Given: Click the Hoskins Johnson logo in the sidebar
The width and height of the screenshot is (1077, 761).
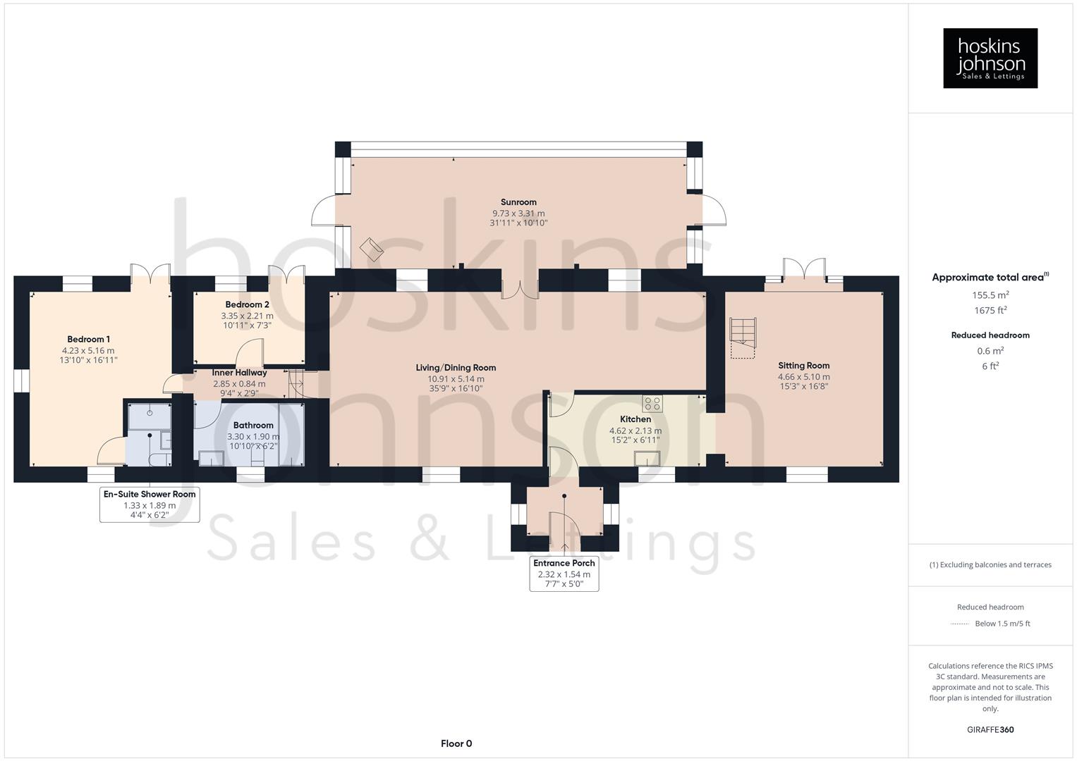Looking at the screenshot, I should coord(990,58).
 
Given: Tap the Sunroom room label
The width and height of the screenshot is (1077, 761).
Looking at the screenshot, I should coord(518,202).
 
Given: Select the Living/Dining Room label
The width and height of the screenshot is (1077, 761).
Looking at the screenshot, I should coord(456,367).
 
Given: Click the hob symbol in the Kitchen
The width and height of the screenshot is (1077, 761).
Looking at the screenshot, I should coord(652,404).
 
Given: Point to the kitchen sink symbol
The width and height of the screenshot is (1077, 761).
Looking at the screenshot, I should coord(647,459).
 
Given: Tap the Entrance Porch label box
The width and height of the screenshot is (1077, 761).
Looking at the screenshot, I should coord(564,573).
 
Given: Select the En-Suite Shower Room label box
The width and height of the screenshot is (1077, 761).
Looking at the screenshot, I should coord(150,505).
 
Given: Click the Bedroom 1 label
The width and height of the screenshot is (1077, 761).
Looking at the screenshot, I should coord(88,339).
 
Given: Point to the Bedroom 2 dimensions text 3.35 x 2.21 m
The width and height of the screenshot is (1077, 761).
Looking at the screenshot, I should coord(247,316).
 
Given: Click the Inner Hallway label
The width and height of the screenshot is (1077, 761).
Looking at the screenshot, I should coord(239,373).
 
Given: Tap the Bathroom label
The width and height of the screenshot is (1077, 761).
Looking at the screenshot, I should coord(253,425).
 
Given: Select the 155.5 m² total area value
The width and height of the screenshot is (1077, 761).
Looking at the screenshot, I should coord(990,295).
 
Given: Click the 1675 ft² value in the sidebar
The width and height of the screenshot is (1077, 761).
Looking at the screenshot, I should coord(990,310).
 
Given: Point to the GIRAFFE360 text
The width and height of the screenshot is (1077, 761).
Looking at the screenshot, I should coord(990,729).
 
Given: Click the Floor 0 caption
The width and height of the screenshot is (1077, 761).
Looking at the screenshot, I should coord(456,743).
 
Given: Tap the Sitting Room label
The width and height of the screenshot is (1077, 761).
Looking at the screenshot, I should coord(803,365).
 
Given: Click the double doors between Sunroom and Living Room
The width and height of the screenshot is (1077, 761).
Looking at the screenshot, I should coord(520,289).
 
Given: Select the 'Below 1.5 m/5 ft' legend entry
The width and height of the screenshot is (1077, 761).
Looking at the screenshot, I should coord(1002,624).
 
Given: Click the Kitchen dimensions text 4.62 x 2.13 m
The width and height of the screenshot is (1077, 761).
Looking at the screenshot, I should coord(635,431).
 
